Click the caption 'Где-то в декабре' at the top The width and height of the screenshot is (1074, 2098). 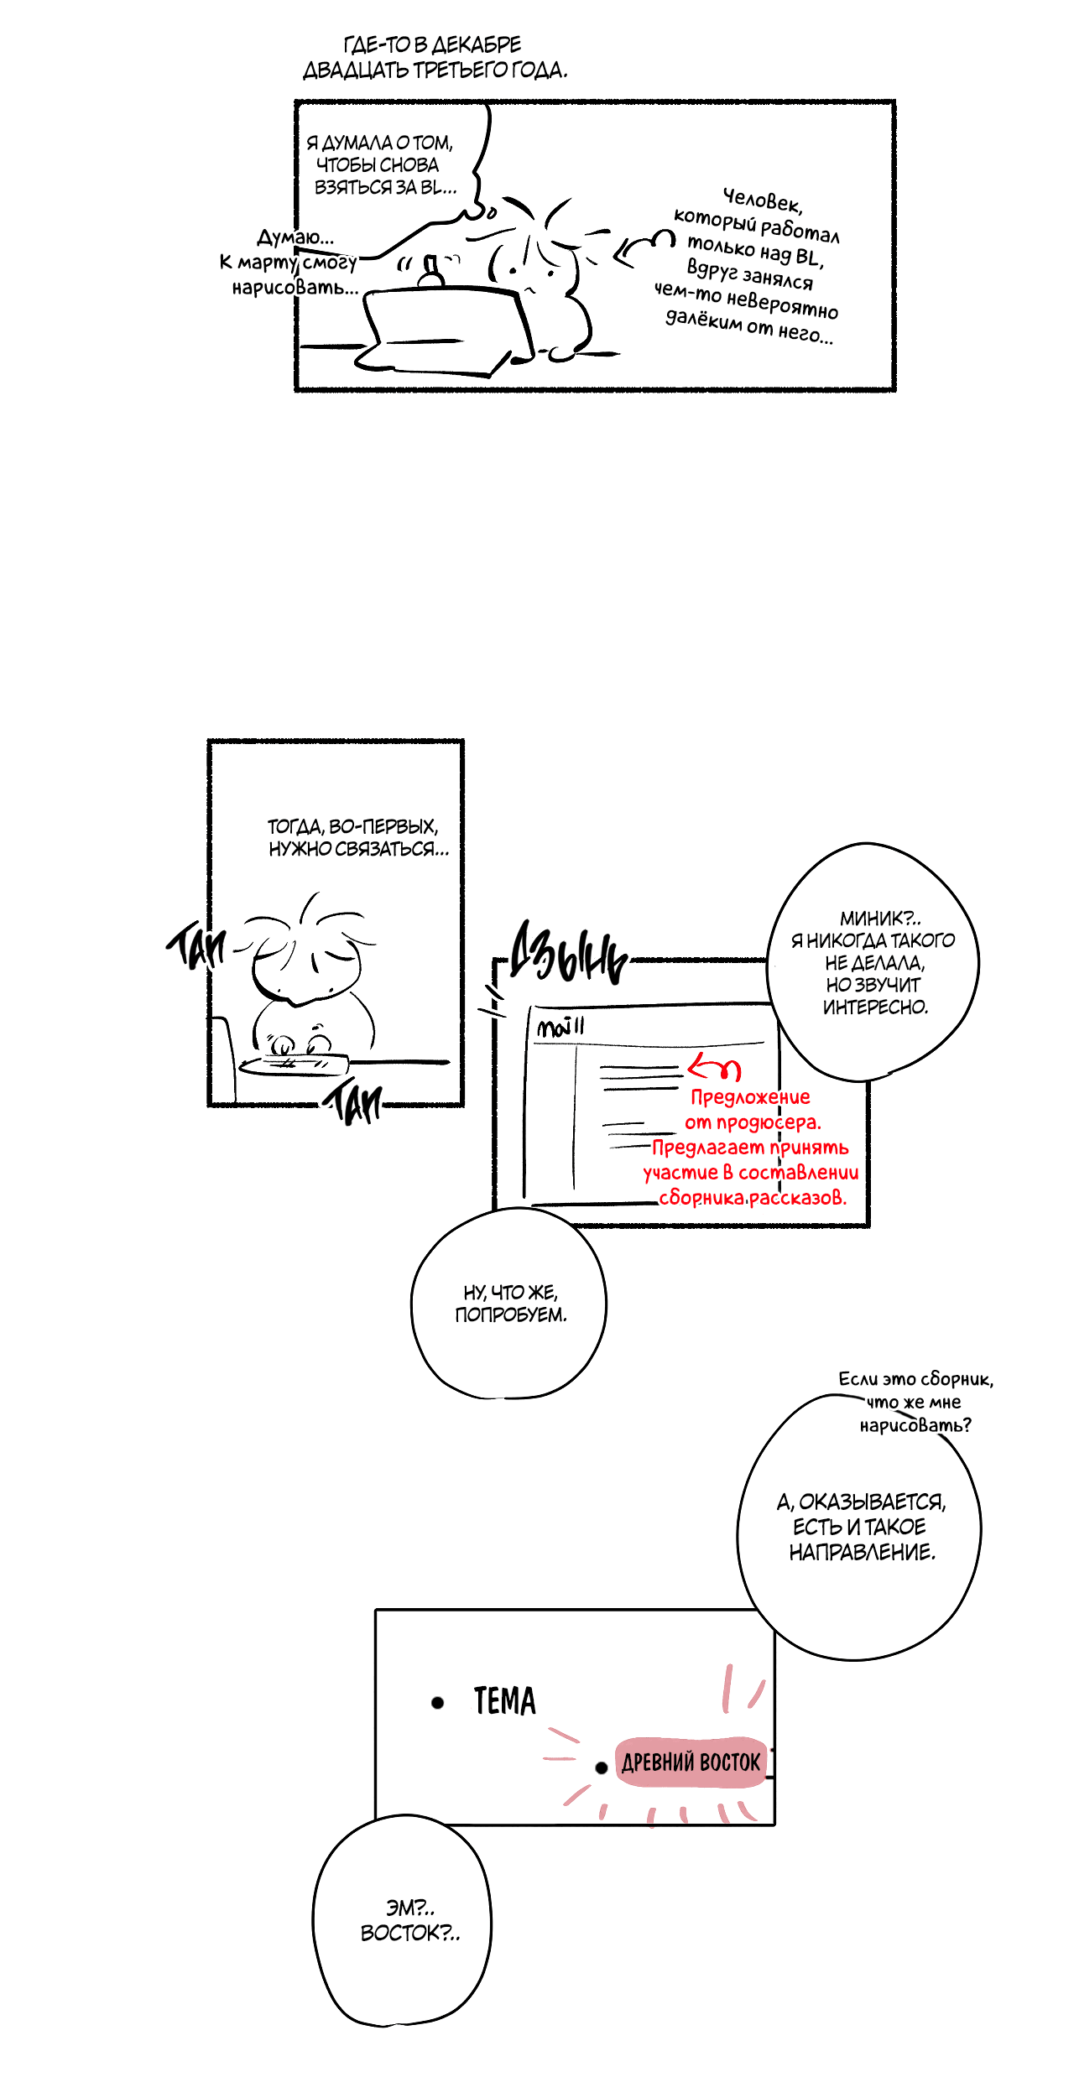pyautogui.click(x=433, y=44)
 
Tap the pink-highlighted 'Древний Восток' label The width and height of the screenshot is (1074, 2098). pyautogui.click(x=691, y=1762)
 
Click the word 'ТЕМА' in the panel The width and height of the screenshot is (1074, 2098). pyautogui.click(x=504, y=1701)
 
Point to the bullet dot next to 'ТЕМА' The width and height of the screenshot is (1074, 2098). pyautogui.click(x=437, y=1702)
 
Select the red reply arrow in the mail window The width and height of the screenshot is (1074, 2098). pyautogui.click(x=714, y=1068)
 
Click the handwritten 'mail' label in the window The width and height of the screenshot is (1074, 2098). pyautogui.click(x=560, y=1027)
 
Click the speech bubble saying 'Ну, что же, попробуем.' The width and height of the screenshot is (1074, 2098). pyautogui.click(x=508, y=1304)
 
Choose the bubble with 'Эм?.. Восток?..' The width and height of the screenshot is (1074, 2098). pyautogui.click(x=403, y=1921)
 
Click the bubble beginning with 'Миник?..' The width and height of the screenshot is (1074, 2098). pyautogui.click(x=873, y=961)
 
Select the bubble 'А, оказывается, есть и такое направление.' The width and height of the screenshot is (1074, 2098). pyautogui.click(x=860, y=1527)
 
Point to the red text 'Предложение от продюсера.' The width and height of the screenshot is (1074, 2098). pyautogui.click(x=752, y=1109)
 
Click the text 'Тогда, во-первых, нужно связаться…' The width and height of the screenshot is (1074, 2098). pyautogui.click(x=357, y=837)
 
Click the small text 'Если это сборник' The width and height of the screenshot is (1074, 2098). pyautogui.click(x=915, y=1378)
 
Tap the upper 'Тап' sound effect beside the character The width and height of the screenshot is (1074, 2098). pyautogui.click(x=196, y=946)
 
